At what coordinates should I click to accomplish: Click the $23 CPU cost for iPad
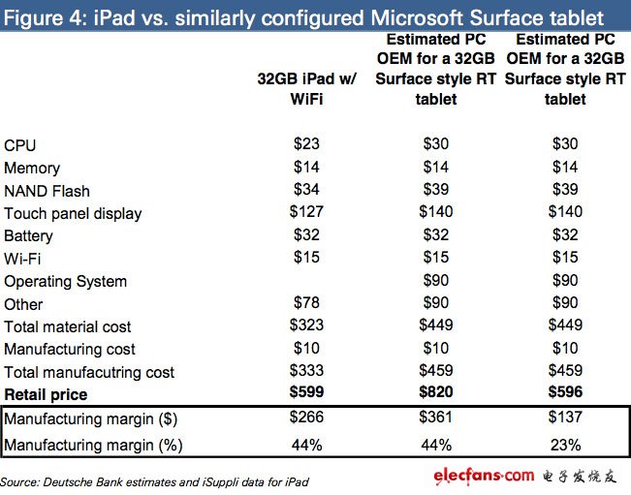point(308,144)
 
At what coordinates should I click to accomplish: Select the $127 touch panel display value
point(308,212)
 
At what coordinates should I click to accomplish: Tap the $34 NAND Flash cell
point(308,190)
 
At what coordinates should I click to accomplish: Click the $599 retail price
point(308,394)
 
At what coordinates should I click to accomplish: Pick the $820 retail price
point(437,394)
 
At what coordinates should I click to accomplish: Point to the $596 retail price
point(564,394)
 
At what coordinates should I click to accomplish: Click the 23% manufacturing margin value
point(564,445)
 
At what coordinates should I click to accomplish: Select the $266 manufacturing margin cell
point(308,418)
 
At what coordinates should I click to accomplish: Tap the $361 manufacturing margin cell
point(437,418)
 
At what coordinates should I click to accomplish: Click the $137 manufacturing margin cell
point(564,418)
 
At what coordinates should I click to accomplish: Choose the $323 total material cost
point(308,326)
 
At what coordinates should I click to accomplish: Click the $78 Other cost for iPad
point(308,304)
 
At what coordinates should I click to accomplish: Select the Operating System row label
point(65,281)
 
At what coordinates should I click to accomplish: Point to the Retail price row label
point(46,394)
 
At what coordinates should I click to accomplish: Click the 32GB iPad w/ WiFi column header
point(308,89)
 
